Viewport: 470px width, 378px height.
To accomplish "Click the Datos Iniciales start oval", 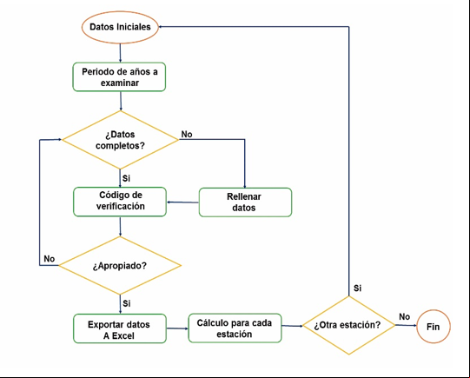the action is (120, 27).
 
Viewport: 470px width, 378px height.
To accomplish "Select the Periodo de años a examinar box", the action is (119, 77).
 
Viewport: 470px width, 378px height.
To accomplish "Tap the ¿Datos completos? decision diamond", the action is (120, 140).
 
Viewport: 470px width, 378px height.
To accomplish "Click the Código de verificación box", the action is (120, 202).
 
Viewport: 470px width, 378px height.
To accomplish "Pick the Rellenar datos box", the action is (245, 202).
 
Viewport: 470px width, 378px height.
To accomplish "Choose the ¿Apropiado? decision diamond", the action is (120, 266).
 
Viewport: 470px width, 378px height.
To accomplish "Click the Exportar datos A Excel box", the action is (120, 328).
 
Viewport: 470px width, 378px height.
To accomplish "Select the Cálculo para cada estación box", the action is (235, 328).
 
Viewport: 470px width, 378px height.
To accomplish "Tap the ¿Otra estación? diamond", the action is (349, 325).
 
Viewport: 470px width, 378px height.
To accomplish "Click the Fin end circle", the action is (434, 327).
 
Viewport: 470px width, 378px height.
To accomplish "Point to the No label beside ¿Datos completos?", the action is (187, 135).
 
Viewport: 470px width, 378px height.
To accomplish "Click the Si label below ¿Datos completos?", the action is (126, 178).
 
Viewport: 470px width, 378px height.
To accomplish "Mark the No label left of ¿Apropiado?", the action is (50, 259).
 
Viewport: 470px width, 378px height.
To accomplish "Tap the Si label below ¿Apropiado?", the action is (127, 303).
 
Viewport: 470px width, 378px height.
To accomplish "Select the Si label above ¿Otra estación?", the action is (357, 288).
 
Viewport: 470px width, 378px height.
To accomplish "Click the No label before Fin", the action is (404, 316).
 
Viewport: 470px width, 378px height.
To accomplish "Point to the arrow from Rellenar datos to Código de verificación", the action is (182, 202).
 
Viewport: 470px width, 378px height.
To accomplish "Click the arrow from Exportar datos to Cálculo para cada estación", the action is (177, 328).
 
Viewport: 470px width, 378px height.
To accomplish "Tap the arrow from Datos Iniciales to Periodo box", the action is (120, 53).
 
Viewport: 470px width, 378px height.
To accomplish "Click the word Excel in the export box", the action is (122, 336).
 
